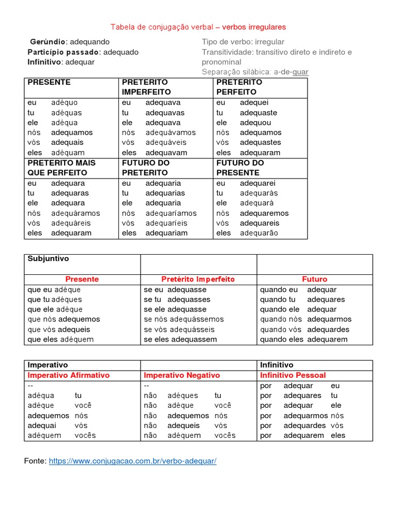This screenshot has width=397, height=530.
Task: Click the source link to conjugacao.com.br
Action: (132, 461)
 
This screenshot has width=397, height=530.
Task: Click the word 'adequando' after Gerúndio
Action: (89, 42)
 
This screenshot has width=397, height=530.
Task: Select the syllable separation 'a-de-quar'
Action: (291, 72)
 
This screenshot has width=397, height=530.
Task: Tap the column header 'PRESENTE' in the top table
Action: (49, 82)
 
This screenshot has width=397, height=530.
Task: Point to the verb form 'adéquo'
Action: (64, 102)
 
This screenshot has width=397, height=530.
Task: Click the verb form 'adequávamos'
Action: (171, 132)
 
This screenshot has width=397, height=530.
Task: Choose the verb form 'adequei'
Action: (254, 102)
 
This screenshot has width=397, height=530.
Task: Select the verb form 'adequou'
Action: (255, 123)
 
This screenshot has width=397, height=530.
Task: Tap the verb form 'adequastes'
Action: (261, 142)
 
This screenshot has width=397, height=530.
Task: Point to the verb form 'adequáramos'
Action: (75, 213)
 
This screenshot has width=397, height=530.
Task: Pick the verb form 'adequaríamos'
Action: (171, 213)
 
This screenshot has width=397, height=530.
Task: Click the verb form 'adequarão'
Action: (259, 233)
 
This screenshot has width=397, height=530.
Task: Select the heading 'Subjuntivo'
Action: (48, 259)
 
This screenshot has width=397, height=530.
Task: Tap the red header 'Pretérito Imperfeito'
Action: (198, 279)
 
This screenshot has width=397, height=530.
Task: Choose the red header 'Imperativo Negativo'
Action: (181, 375)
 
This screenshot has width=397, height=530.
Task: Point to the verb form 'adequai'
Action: (41, 425)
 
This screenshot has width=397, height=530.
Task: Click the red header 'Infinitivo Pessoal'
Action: (293, 375)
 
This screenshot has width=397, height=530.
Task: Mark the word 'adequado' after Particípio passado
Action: (121, 52)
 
